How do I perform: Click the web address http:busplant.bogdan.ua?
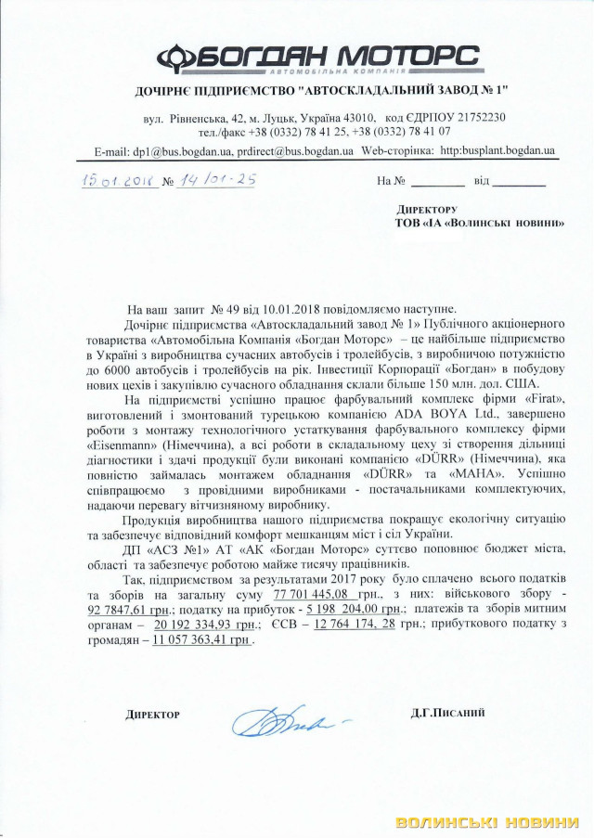tap(497, 149)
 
